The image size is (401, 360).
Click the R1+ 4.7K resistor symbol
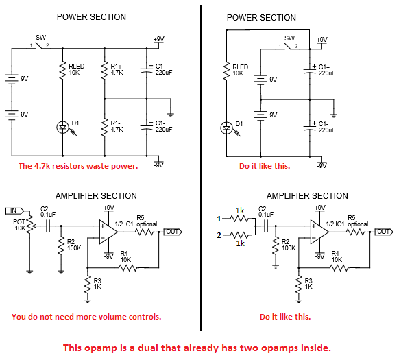(104, 70)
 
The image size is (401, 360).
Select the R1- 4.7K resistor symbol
(104, 128)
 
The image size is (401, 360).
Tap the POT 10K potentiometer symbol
(29, 224)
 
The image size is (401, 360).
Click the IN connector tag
(15, 211)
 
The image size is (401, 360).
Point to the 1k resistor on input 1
(239, 219)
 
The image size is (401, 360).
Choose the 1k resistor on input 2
(239, 235)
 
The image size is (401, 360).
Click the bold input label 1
(219, 219)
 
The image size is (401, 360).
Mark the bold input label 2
(219, 235)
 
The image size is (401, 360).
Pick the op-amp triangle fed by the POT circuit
(108, 232)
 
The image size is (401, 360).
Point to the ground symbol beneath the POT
(29, 272)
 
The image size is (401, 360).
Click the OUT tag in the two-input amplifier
(384, 232)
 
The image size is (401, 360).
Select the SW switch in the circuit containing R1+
(40, 46)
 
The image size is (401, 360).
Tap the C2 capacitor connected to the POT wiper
(48, 226)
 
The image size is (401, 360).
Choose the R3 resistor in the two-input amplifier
(298, 285)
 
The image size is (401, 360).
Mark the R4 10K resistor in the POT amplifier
(128, 268)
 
